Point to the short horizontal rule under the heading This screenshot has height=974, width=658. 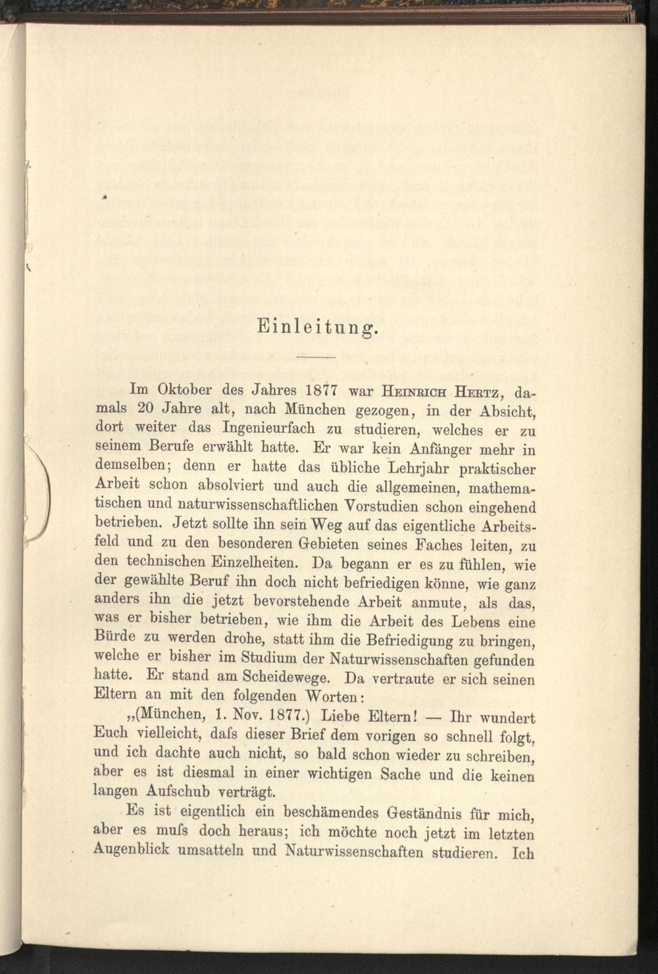point(316,357)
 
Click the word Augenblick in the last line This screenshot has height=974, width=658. point(132,849)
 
